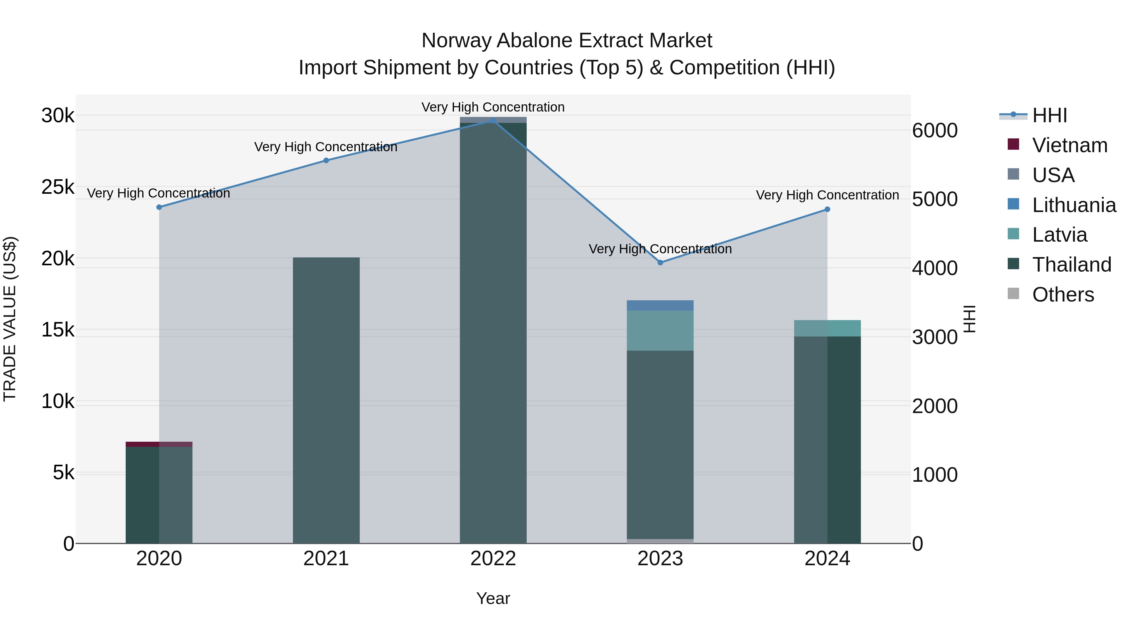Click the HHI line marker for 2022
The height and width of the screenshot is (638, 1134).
[x=493, y=120]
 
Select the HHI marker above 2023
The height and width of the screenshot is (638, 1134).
[x=660, y=262]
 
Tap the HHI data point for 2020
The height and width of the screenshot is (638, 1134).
[x=159, y=207]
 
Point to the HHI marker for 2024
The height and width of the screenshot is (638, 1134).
[x=827, y=209]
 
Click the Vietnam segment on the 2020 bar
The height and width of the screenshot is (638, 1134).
[x=159, y=444]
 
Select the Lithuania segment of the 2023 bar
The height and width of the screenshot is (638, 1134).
[x=660, y=305]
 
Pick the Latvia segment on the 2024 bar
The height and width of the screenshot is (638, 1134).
[x=827, y=328]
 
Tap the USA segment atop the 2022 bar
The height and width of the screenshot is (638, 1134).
[x=493, y=119]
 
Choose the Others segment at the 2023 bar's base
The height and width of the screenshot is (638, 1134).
[x=660, y=541]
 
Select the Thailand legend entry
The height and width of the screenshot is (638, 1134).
[x=1072, y=265]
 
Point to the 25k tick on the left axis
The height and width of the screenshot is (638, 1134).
[x=58, y=187]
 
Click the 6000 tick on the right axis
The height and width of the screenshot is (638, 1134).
[x=935, y=130]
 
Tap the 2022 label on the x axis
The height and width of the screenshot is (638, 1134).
[x=493, y=559]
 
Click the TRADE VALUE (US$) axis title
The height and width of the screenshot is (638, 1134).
[x=10, y=319]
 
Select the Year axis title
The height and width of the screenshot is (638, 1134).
[x=493, y=598]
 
